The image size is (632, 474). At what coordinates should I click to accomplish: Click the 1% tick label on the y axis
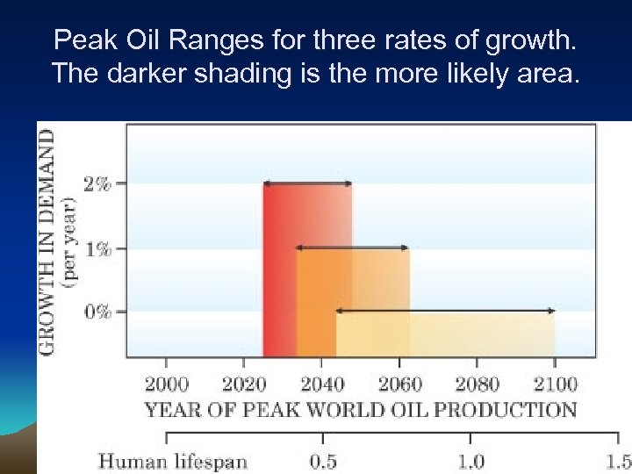point(97,249)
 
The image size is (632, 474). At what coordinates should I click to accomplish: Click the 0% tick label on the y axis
point(97,312)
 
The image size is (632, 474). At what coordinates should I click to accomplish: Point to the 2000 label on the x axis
point(167,384)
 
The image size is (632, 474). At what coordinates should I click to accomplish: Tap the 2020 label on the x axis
point(245,384)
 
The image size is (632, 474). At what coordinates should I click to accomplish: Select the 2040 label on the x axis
point(322,384)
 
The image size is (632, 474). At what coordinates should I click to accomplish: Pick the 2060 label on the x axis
point(400,384)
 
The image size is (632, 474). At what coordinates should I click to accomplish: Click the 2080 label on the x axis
point(478,384)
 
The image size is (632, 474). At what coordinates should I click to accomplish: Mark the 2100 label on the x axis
point(555,384)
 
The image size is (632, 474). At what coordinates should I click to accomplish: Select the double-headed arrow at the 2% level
point(307,183)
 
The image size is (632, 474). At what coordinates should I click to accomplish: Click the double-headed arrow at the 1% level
point(352,248)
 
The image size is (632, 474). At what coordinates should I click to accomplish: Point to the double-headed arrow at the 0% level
point(445,311)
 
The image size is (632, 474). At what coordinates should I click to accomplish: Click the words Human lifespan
point(172,461)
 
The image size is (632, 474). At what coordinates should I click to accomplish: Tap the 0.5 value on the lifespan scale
point(324,461)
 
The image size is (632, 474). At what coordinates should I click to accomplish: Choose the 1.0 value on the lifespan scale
point(471,461)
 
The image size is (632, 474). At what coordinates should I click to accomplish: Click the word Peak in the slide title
point(80,39)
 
